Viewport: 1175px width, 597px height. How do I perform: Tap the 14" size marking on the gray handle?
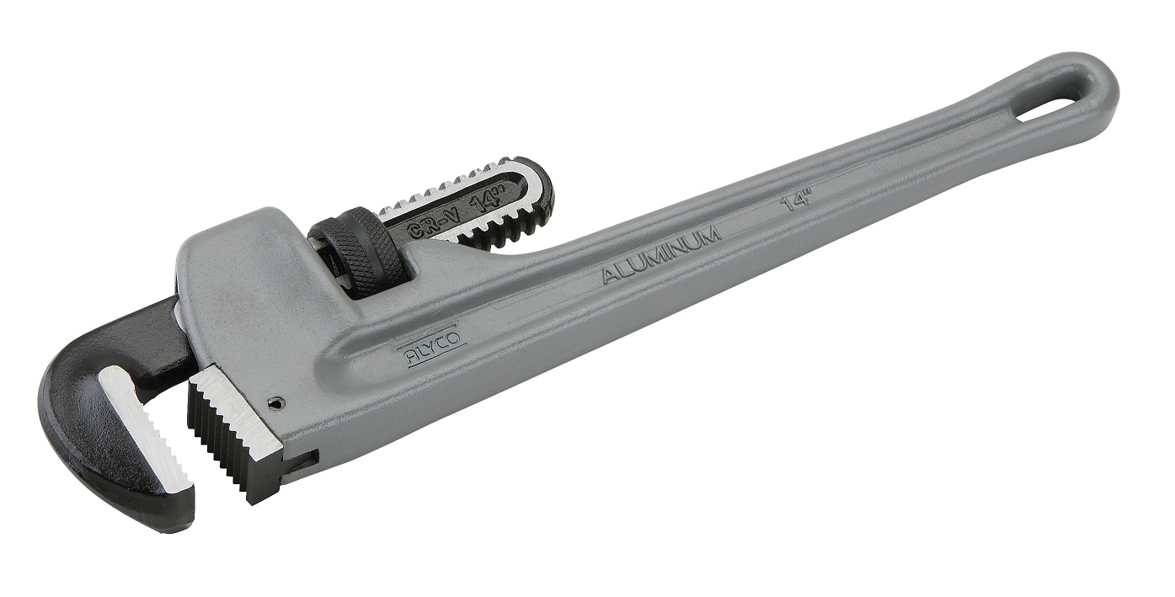coord(795,203)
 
